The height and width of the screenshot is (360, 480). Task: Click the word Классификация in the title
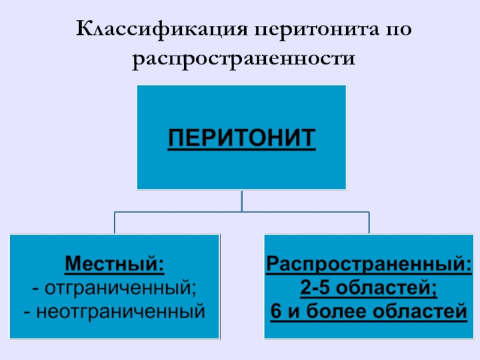161,29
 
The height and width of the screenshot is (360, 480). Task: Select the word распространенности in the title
244,59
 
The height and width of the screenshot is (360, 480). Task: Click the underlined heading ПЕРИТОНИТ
242,138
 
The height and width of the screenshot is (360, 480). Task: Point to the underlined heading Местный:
115,263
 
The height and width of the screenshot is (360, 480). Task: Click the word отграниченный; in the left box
121,288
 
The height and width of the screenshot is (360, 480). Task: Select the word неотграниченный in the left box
121,311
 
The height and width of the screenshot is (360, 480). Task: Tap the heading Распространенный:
369,264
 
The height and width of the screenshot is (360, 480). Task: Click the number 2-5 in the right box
315,287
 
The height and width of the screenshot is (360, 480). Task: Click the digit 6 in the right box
276,311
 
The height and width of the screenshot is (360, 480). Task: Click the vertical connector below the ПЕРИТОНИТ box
242,201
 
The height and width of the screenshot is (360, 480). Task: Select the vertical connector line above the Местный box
115,223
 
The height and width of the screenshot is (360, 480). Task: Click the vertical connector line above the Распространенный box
369,223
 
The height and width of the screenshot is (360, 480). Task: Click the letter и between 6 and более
293,313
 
